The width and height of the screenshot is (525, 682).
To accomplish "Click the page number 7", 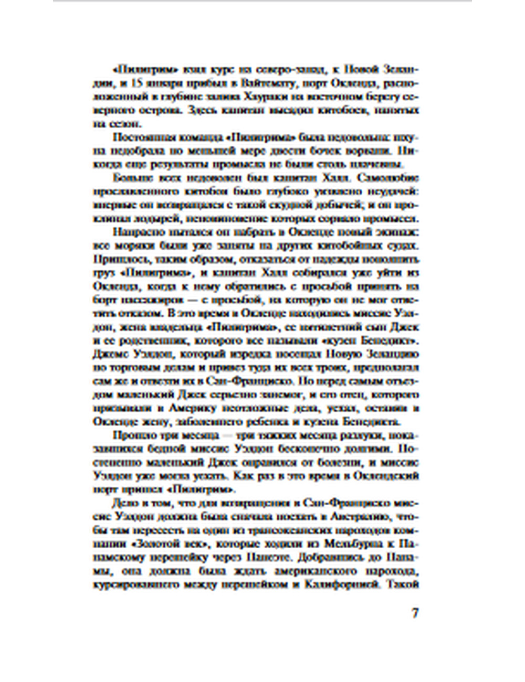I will [415, 612].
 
